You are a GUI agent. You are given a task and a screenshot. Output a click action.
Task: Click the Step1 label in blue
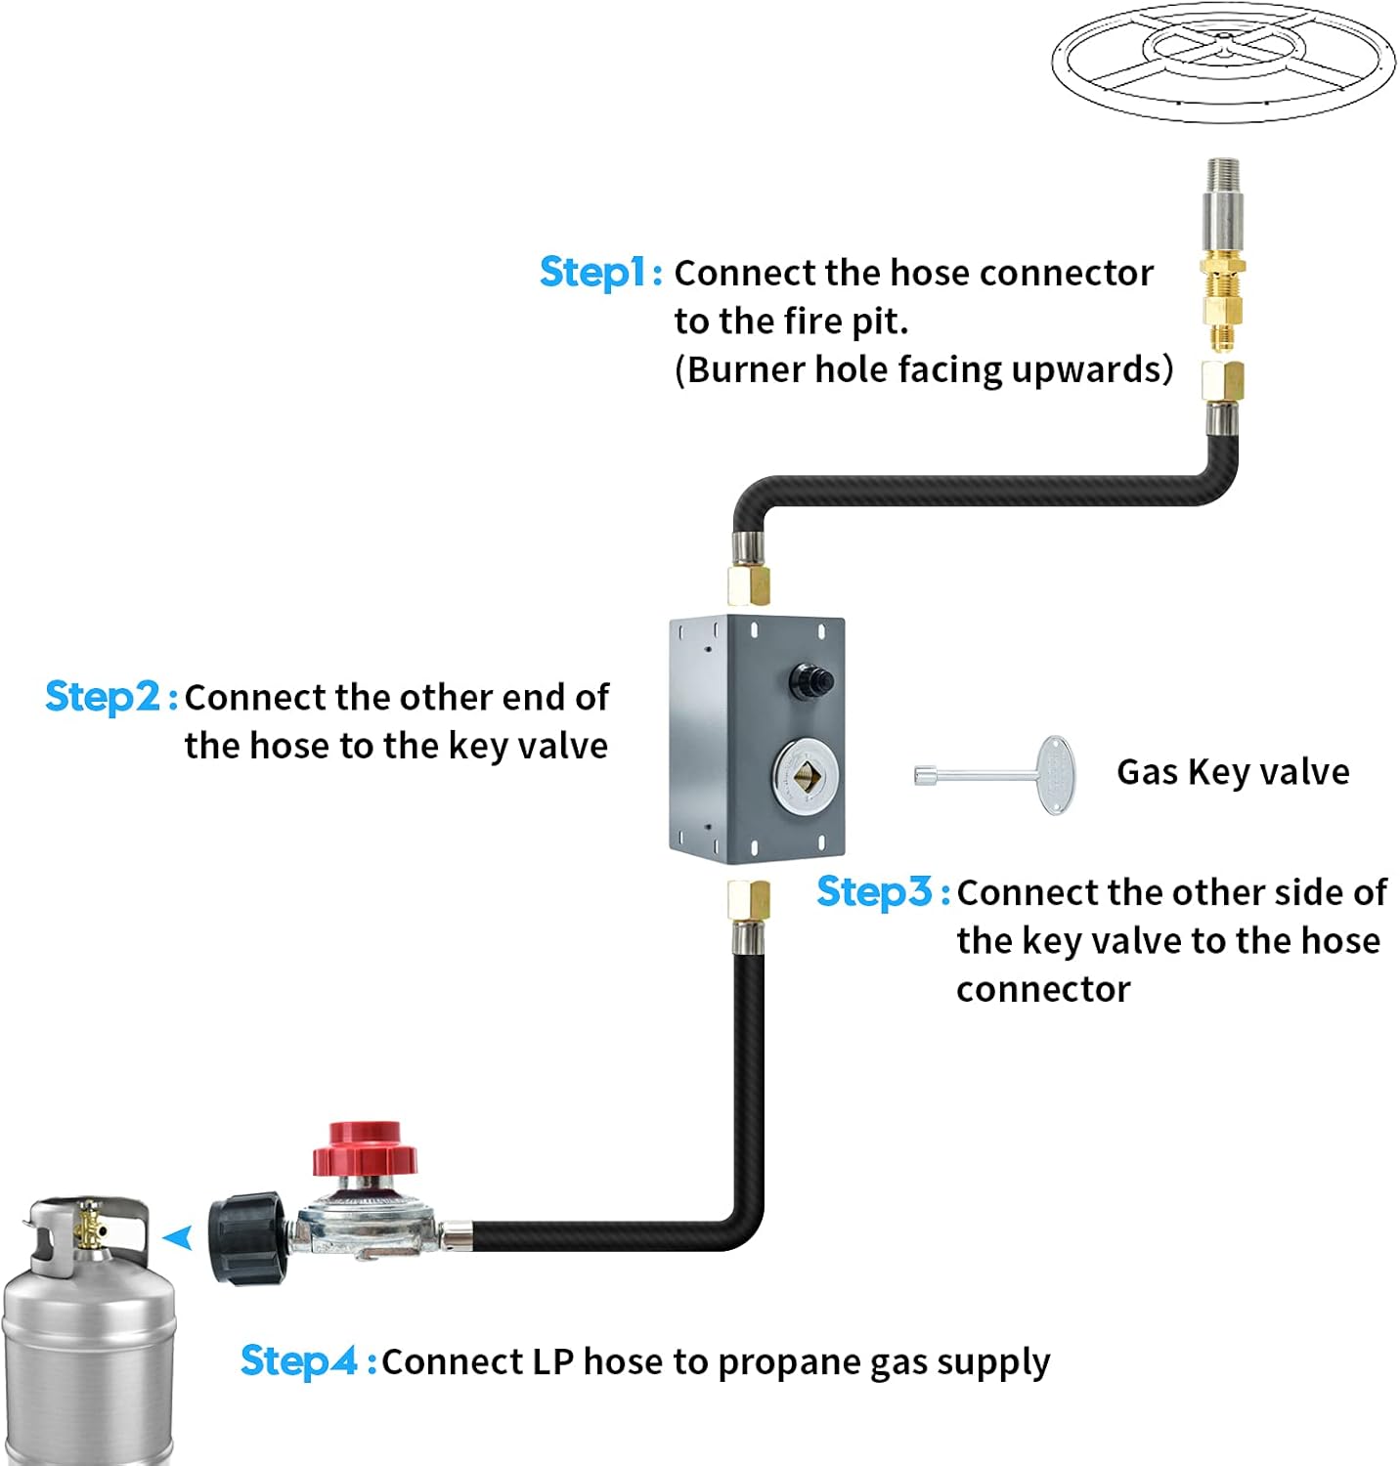(x=592, y=273)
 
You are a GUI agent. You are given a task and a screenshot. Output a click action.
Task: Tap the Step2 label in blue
(x=103, y=697)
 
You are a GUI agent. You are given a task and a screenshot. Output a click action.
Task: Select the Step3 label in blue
(x=875, y=891)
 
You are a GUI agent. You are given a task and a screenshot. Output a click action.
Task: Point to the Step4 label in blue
(x=299, y=1360)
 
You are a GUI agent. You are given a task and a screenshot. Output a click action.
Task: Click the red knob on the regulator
(x=365, y=1149)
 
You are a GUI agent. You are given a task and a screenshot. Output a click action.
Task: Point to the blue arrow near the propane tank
(x=178, y=1238)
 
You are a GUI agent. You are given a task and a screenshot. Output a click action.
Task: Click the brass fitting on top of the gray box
(x=749, y=584)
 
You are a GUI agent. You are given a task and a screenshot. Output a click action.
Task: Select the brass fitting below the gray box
(x=749, y=899)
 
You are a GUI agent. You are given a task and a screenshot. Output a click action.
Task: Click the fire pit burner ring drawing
(x=1222, y=61)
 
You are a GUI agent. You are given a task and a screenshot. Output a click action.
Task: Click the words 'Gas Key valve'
(x=1233, y=772)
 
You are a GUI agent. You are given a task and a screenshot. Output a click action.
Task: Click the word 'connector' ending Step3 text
(x=1043, y=989)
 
